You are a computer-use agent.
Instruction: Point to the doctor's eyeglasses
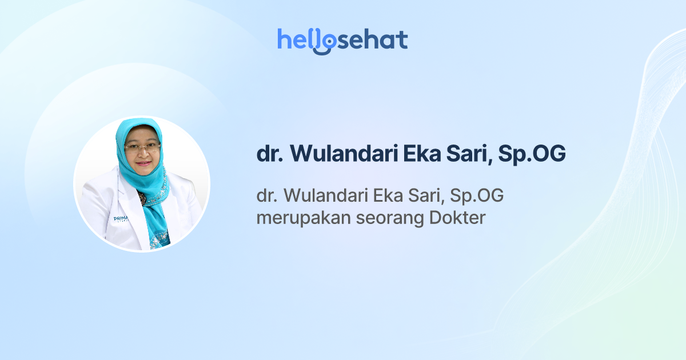pos(142,147)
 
